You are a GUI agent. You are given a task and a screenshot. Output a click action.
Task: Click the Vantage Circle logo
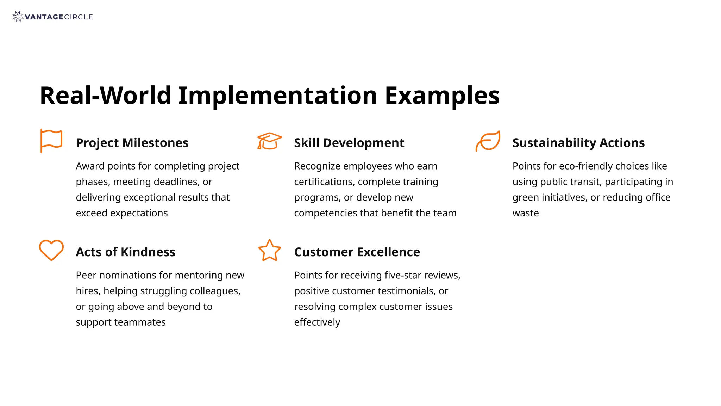coord(52,17)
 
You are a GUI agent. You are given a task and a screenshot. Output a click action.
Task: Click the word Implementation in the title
coord(277,96)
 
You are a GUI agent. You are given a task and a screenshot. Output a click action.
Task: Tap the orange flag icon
coord(51,141)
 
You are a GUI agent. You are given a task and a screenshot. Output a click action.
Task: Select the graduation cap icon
coord(269,141)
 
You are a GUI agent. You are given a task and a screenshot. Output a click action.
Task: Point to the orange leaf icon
coord(488,141)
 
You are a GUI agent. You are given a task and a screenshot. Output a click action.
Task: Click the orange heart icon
coord(51,250)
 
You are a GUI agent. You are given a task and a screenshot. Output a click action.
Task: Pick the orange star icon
coord(270,251)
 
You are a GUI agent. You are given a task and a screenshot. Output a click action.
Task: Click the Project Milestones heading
coord(132,143)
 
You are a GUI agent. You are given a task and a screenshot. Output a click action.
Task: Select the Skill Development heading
coord(349,143)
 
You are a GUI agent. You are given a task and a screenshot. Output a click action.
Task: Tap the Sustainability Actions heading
coord(578,143)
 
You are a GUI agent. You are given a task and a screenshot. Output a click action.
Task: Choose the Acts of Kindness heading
coord(125,252)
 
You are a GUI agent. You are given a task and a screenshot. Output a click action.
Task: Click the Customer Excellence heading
coord(357,252)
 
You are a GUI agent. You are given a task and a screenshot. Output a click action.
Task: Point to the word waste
coord(526,213)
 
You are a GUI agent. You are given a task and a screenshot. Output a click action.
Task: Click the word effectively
coord(317,322)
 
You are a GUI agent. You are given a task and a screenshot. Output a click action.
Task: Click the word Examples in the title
coord(442,96)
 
